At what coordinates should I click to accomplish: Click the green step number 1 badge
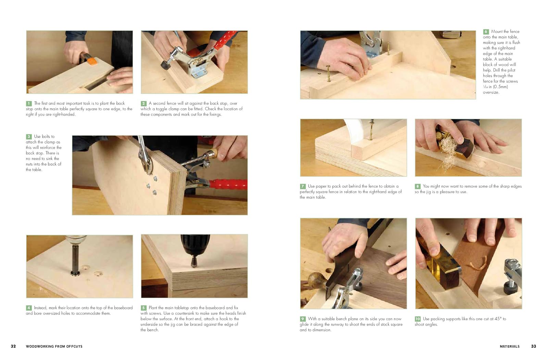29,103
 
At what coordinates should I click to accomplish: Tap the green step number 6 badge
486,32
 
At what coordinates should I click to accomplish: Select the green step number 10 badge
418,319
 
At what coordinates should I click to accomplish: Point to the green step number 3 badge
29,137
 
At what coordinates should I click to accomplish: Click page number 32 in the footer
13,346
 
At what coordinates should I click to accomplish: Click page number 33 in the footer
534,346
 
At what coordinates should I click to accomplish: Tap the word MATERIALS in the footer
510,346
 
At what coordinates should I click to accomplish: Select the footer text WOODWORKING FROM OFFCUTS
54,346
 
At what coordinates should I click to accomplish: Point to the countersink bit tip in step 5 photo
194,265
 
